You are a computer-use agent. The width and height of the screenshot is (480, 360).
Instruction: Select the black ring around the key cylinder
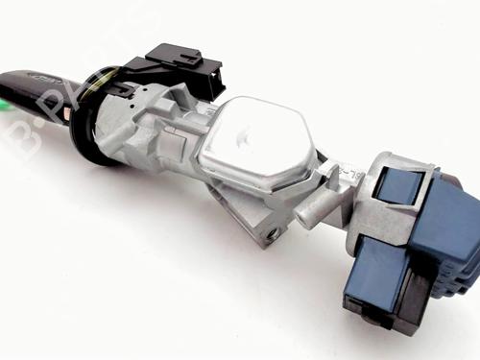coord(84,134)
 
